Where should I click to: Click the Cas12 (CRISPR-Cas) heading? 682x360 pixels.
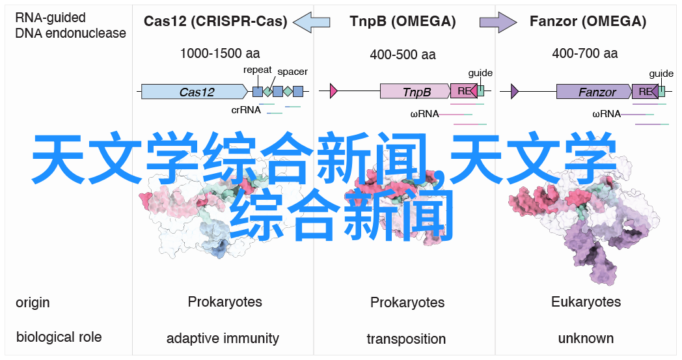tap(215, 21)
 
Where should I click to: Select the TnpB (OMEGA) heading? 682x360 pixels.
tap(402, 21)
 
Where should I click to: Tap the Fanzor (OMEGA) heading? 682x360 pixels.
tap(588, 21)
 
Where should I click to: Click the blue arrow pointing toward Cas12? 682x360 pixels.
tap(312, 21)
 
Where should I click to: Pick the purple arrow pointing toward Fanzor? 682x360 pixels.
tap(498, 21)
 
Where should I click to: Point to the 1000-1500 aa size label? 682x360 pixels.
tap(220, 53)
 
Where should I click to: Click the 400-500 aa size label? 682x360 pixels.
tap(403, 55)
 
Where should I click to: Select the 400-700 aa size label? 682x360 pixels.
tap(584, 53)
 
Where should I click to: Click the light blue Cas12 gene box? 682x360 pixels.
tap(195, 92)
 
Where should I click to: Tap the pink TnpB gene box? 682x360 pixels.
tap(415, 91)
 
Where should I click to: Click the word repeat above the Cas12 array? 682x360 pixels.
tap(258, 70)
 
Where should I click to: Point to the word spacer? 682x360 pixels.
tap(292, 72)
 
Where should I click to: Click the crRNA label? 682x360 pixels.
tap(246, 110)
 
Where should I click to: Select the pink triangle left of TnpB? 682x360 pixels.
tap(334, 91)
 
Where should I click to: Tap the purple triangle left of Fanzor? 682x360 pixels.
tap(515, 91)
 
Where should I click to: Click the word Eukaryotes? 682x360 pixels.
tap(586, 301)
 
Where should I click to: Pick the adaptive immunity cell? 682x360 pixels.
tap(223, 339)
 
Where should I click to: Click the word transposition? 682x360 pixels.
tap(406, 339)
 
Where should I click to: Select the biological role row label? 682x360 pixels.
tap(59, 337)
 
